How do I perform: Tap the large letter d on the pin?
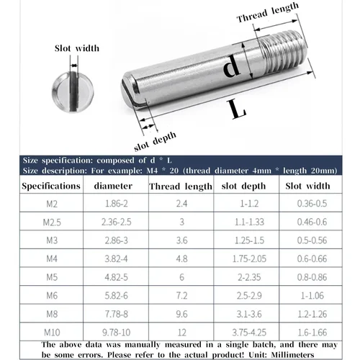230,68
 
